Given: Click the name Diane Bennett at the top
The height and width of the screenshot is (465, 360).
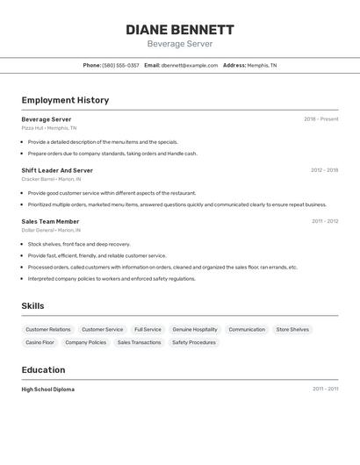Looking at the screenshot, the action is [x=180, y=29].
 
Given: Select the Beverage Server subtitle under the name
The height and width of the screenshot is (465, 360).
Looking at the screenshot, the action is [x=180, y=44].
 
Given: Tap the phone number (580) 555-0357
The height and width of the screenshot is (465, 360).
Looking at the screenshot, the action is [x=120, y=65].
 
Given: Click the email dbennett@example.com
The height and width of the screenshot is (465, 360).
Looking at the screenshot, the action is [x=189, y=65].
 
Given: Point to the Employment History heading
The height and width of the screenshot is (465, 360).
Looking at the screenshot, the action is [x=65, y=100].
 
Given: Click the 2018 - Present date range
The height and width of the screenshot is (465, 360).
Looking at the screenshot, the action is [x=320, y=119].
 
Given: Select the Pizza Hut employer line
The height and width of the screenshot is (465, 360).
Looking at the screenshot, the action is [x=48, y=128].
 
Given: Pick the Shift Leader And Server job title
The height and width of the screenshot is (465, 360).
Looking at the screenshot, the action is [x=57, y=170].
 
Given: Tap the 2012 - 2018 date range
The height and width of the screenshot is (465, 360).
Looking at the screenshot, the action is [x=324, y=170].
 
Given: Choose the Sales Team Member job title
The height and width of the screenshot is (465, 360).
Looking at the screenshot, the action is [x=50, y=221].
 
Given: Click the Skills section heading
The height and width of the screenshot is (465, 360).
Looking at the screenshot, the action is [x=33, y=305].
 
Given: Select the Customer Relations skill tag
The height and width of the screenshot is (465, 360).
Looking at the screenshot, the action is [x=48, y=329].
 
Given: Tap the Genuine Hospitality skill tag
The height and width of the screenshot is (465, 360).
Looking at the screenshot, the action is [x=194, y=329].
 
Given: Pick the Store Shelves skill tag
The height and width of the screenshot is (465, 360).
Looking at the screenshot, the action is [x=292, y=329].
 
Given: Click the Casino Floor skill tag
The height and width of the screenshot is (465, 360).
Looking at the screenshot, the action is [x=40, y=342].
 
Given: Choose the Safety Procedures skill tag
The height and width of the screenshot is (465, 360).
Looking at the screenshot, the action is [x=193, y=342].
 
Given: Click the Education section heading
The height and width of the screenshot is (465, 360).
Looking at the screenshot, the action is [x=43, y=369].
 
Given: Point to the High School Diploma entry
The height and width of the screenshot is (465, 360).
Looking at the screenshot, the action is [x=47, y=389].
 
